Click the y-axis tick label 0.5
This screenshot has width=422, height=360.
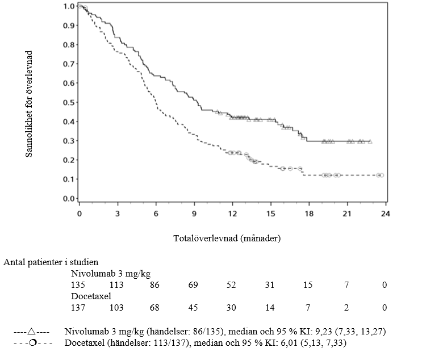coord(69,103)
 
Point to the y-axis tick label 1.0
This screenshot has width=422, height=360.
coord(69,6)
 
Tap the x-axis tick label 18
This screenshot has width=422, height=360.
coord(308,214)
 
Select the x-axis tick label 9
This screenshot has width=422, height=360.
coord(194,214)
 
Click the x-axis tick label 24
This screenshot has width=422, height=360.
coord(385,214)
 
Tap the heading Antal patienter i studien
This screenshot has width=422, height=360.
coord(51,262)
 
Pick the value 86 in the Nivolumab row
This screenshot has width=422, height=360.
coord(155,284)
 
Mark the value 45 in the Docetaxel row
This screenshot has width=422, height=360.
coord(194,307)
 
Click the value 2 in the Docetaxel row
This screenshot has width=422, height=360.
coord(346,307)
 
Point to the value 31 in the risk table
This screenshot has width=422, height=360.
coord(270,284)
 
